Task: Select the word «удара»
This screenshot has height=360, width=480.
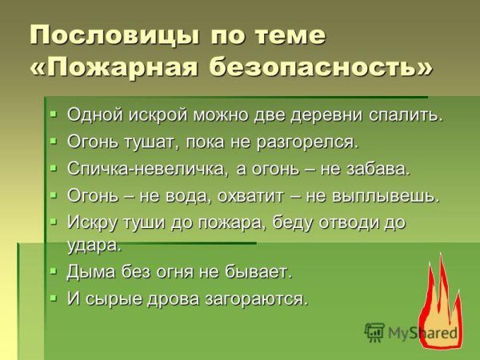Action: click(x=94, y=244)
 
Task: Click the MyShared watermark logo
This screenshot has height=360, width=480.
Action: click(x=412, y=333)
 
